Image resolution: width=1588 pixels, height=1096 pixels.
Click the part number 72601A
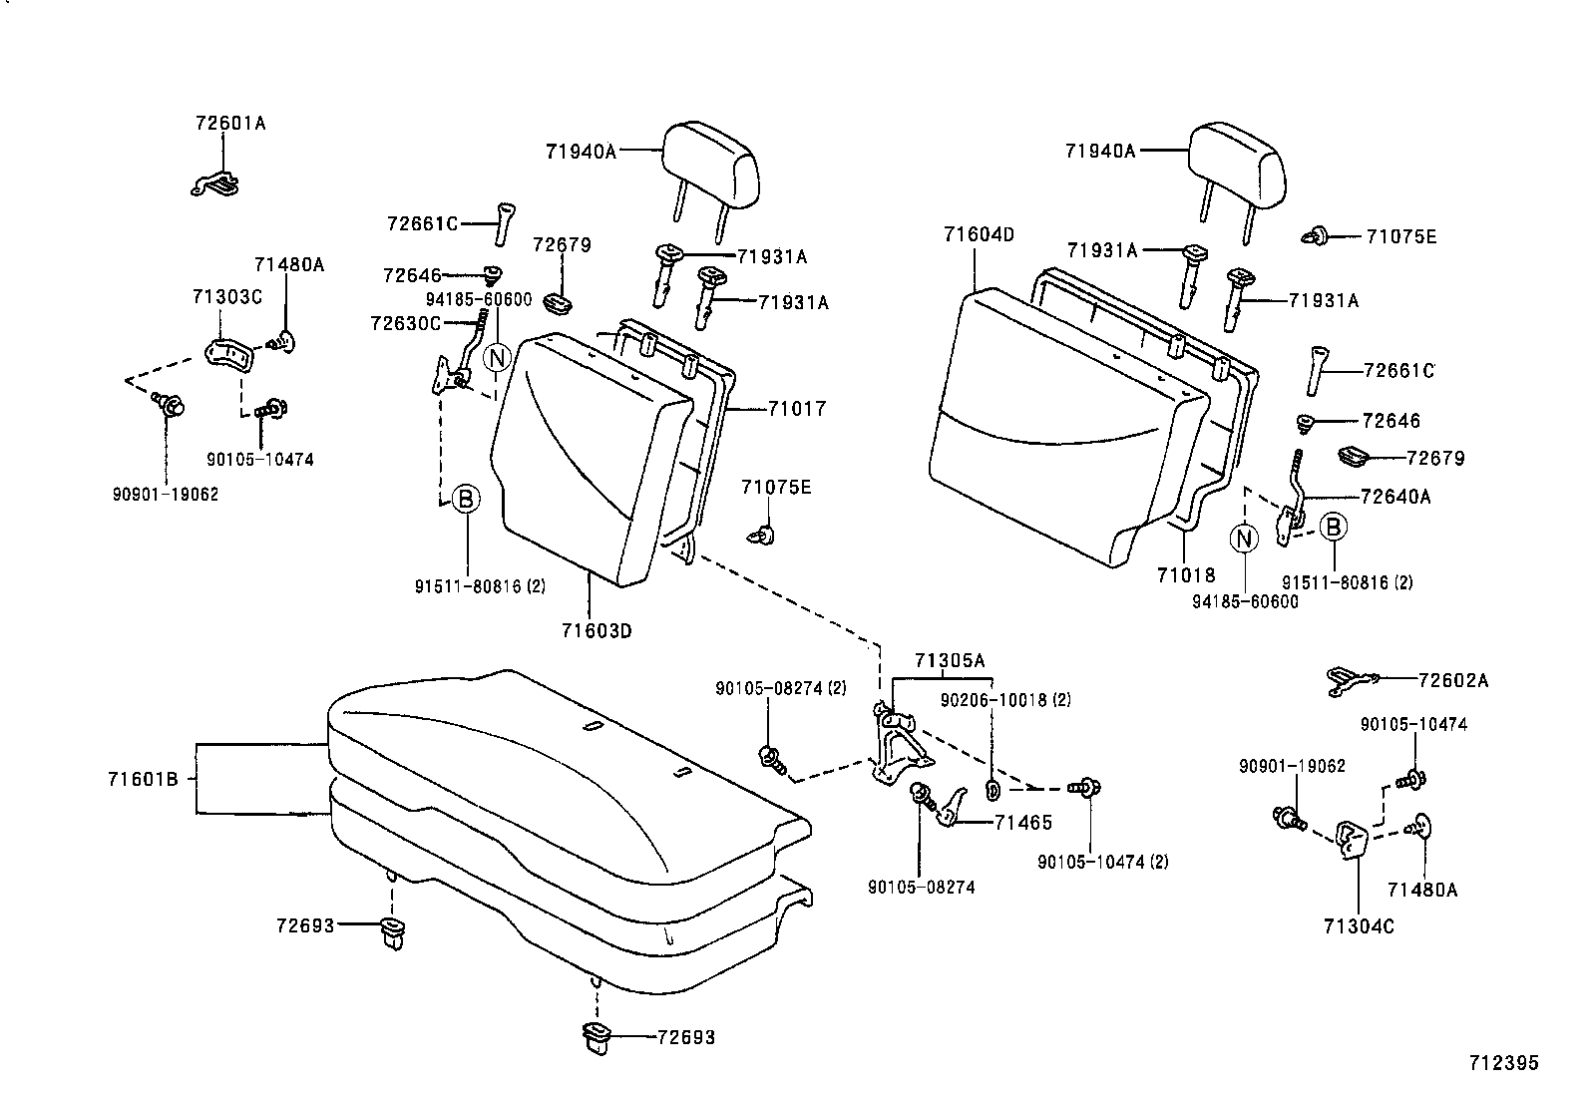[230, 124]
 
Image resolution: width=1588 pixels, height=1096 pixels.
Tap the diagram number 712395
[1502, 1063]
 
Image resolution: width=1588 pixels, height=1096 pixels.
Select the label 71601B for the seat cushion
[143, 779]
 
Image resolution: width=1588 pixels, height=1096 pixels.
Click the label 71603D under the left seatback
[596, 630]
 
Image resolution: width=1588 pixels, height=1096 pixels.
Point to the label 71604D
[978, 235]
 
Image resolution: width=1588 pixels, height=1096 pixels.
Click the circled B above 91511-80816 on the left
[466, 499]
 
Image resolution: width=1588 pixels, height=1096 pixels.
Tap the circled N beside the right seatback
[1244, 539]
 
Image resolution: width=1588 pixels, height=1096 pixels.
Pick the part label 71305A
[950, 661]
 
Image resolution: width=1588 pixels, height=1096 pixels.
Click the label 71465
[1023, 823]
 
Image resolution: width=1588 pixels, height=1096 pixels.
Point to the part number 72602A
[1452, 680]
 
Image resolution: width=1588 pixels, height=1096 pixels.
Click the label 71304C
[1359, 926]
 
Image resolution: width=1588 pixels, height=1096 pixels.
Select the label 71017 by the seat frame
[797, 408]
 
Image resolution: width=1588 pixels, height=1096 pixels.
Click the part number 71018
[1186, 575]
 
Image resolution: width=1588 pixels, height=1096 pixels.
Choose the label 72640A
[1394, 497]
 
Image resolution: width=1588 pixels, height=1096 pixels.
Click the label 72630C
[404, 323]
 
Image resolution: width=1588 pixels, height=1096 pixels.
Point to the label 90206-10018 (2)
[1005, 700]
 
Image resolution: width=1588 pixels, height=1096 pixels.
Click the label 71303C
[226, 297]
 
